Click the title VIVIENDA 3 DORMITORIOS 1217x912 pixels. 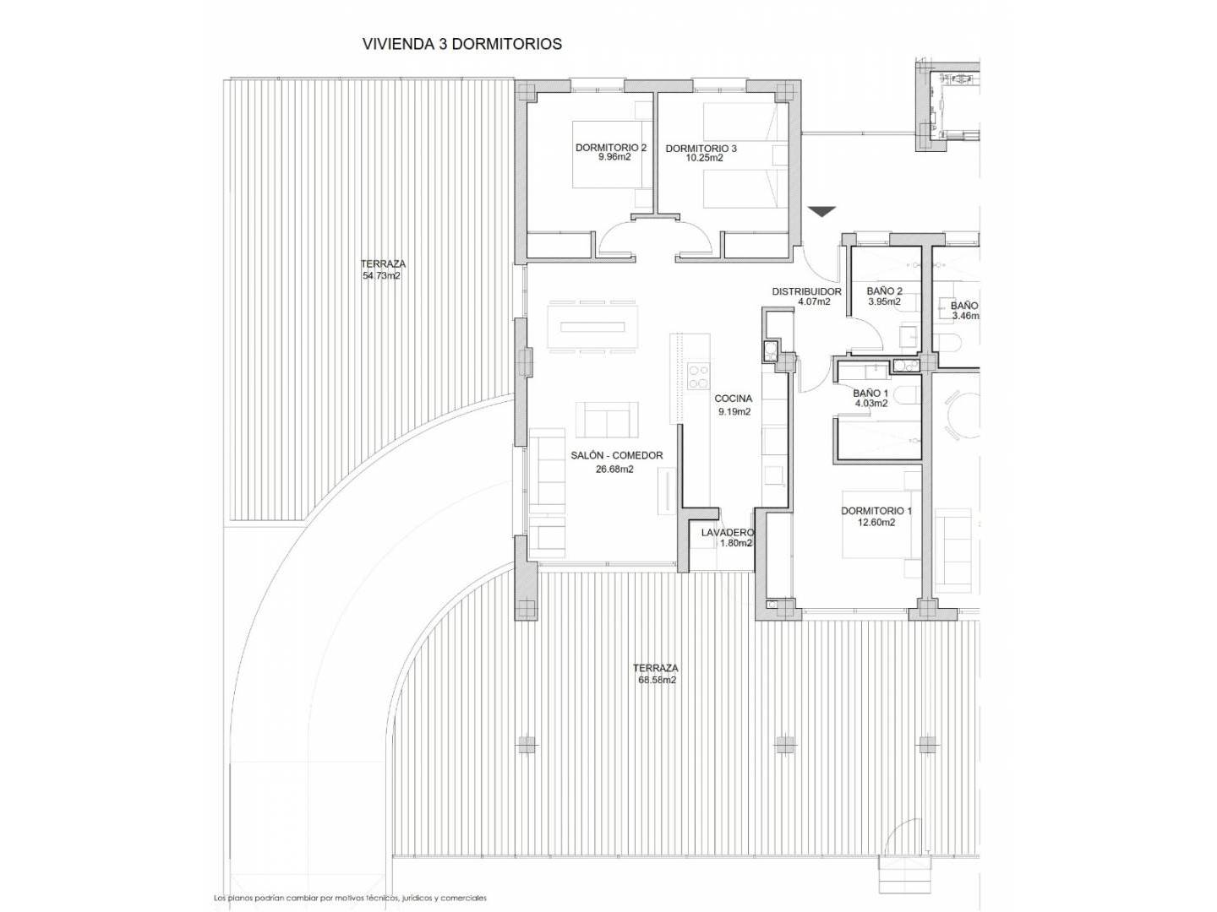click(461, 44)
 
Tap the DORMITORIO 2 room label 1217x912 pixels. click(611, 148)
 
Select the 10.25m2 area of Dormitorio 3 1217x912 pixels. click(701, 158)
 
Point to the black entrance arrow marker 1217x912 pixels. click(821, 211)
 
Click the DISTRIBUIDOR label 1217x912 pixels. click(807, 291)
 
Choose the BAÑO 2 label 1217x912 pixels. click(884, 291)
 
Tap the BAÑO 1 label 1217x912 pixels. click(871, 394)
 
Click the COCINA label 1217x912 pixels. click(734, 399)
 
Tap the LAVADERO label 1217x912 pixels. click(728, 533)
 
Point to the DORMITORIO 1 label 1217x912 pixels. click(876, 511)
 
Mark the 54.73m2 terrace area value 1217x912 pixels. click(381, 276)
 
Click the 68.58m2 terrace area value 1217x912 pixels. click(657, 681)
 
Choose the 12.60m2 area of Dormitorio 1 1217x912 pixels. click(876, 523)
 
